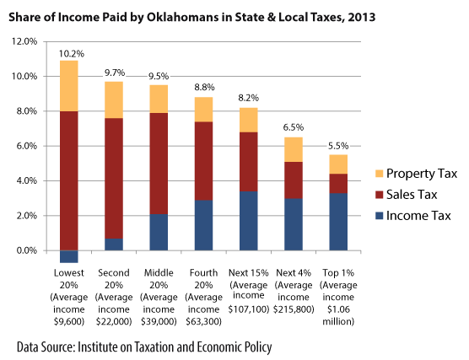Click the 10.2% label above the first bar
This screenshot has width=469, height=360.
(69, 53)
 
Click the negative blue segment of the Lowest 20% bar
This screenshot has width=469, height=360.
(69, 256)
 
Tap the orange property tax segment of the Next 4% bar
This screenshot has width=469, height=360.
(294, 149)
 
